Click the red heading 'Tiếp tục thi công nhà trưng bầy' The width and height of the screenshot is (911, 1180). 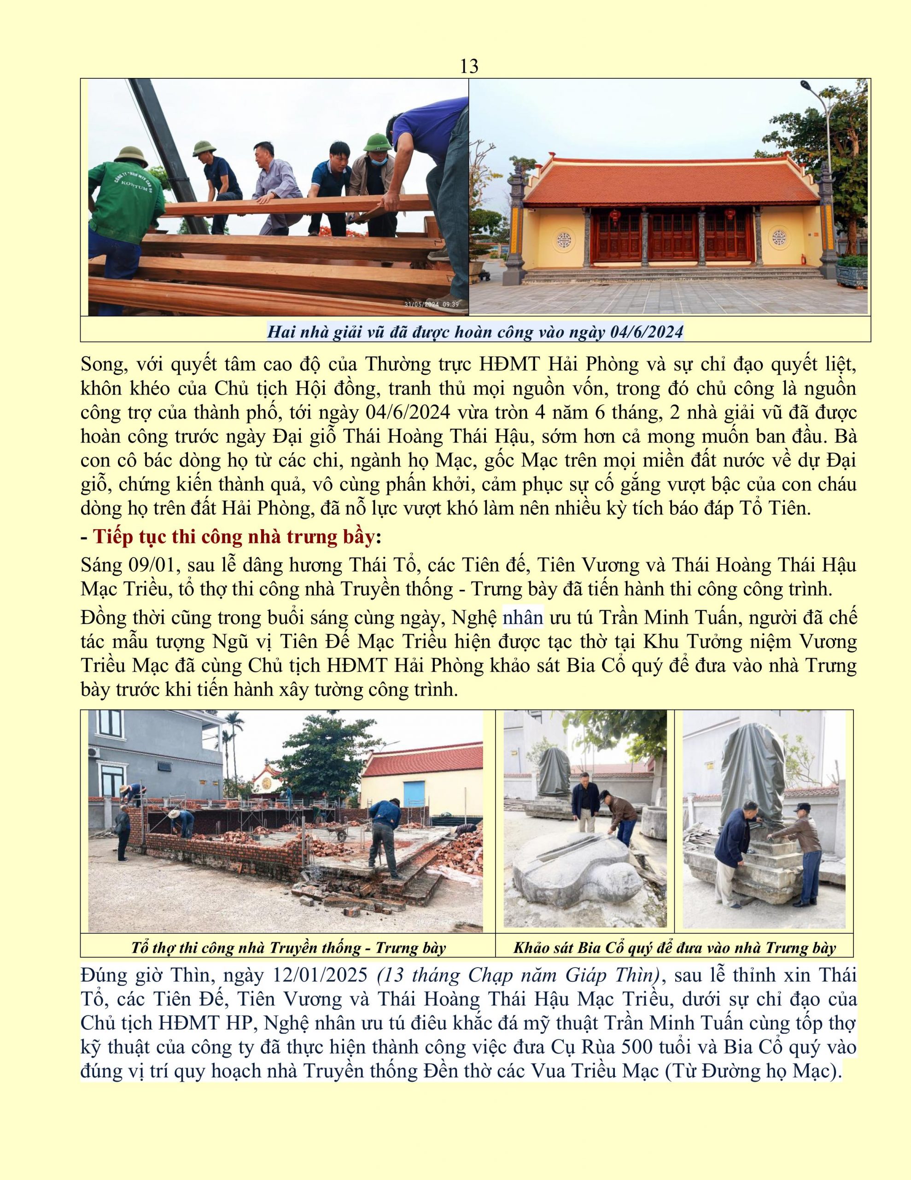(234, 537)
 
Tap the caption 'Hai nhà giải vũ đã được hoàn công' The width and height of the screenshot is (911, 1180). (475, 331)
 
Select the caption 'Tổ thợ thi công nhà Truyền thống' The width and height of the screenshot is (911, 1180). (288, 948)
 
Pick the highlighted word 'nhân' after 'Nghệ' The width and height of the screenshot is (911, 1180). (523, 618)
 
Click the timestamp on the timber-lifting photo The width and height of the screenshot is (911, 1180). (432, 305)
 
